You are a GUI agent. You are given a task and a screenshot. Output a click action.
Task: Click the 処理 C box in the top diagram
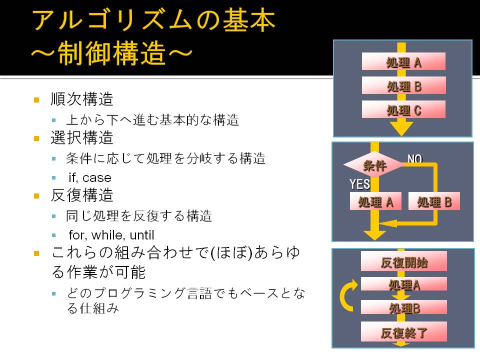403,109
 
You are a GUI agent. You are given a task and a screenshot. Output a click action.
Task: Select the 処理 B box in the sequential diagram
403,85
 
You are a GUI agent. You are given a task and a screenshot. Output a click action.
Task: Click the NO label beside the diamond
415,158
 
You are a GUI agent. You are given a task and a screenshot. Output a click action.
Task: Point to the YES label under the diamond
359,184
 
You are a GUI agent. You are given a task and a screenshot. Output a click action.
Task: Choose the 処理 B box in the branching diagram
434,201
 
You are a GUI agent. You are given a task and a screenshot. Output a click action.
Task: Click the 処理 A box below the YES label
375,201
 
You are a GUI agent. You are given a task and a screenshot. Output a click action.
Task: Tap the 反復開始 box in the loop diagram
404,261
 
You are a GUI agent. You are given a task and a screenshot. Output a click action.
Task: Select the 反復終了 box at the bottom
404,331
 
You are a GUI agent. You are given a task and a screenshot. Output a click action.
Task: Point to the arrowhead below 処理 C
401,128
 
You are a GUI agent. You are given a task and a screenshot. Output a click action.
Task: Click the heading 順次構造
82,99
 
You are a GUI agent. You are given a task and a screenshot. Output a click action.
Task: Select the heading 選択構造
82,137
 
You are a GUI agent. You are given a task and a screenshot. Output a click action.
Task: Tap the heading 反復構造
82,195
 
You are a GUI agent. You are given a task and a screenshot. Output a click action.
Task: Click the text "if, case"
90,177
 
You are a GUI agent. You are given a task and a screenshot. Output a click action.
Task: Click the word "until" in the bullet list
141,235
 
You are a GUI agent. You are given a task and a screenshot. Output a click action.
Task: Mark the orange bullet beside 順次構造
36,100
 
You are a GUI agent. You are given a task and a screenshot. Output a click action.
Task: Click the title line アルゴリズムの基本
153,20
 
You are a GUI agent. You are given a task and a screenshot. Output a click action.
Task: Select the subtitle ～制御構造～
111,53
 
